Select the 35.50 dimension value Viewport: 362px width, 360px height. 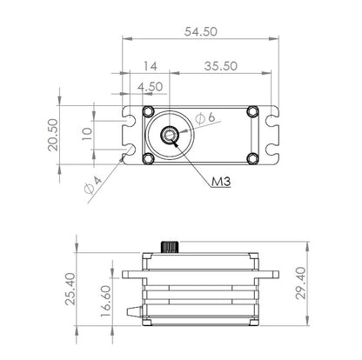click(220, 65)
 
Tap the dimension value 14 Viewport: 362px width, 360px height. click(151, 65)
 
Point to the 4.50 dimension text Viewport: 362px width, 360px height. click(151, 86)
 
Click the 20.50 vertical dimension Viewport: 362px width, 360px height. click(53, 135)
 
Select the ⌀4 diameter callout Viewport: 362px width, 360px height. click(90, 184)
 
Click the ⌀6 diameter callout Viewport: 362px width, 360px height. click(205, 117)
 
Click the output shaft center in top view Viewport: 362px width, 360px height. click(171, 135)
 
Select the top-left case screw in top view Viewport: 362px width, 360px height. click(148, 111)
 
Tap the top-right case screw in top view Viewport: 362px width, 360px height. click(252, 111)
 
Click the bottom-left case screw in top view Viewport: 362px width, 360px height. click(148, 158)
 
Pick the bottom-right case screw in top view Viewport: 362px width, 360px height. click(252, 158)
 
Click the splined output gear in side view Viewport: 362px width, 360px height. click(171, 246)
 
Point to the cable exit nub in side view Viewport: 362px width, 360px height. click(133, 310)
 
